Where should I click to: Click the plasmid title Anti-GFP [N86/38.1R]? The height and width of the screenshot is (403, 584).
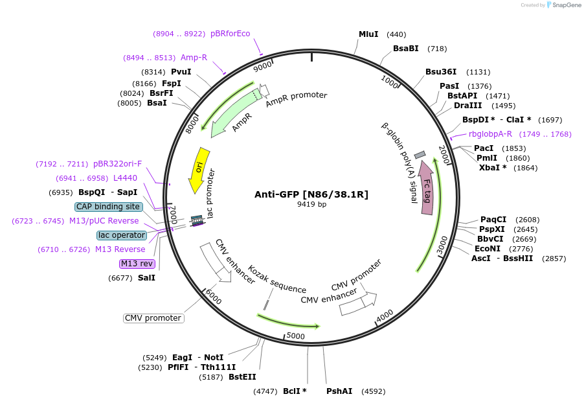coord(311,194)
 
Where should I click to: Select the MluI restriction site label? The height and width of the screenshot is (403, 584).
coord(368,34)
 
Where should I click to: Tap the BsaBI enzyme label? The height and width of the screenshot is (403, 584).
coord(406,49)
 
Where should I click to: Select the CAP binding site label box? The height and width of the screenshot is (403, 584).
coord(108,207)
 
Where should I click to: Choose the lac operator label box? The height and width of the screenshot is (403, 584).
coord(122,235)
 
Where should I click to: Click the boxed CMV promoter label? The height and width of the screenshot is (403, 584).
coord(153,318)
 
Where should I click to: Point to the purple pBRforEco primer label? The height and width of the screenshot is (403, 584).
coord(230,34)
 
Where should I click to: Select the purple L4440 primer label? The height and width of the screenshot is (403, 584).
coord(125,178)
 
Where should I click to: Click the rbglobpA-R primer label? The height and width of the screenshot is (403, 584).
coord(490,134)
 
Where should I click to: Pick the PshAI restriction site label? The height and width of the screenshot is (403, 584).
coord(339,391)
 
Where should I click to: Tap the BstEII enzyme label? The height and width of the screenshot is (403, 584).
coord(242,377)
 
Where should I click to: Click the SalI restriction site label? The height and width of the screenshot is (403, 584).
coord(146,278)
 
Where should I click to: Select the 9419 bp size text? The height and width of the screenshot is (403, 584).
coord(311,205)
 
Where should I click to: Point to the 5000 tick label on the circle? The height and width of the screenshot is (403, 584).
coord(295,336)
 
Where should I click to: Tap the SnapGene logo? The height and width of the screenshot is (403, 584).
coord(561,5)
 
